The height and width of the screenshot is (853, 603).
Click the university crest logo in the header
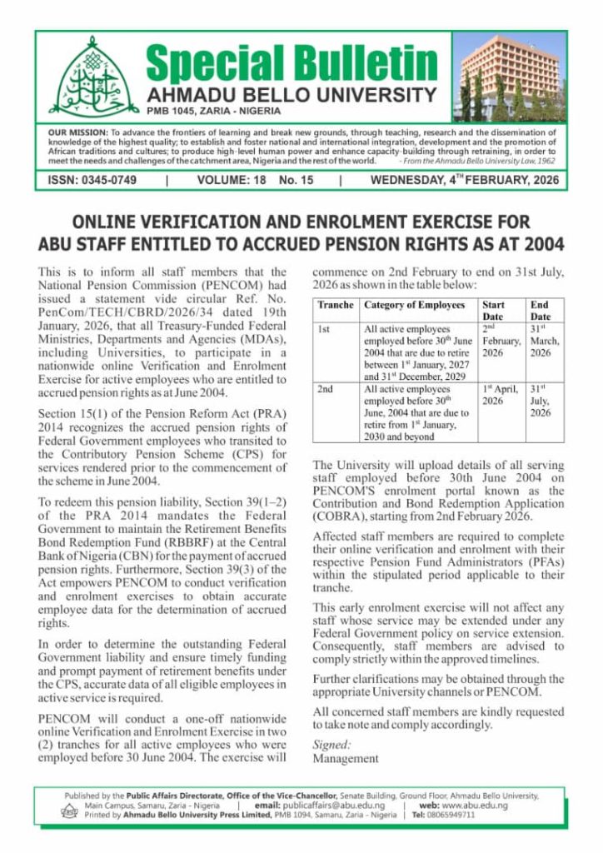click(x=83, y=77)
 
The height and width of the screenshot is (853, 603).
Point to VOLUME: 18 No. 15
click(x=255, y=180)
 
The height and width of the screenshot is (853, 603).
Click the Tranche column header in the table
click(x=336, y=306)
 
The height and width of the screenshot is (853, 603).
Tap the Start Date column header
click(x=493, y=311)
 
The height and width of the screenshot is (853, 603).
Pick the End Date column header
click(x=541, y=311)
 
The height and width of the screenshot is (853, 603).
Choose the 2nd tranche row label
click(x=326, y=389)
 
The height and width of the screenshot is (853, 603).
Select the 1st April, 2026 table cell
click(x=501, y=395)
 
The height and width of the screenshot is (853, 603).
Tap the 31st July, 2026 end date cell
click(x=541, y=401)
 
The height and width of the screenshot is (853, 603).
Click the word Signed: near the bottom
click(x=331, y=745)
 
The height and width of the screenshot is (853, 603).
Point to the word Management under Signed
click(x=345, y=759)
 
